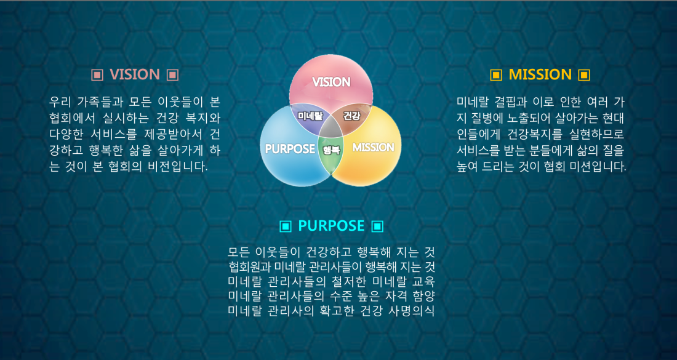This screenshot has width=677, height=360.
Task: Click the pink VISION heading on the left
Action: click(135, 74)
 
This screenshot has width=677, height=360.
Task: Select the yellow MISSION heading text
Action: click(540, 74)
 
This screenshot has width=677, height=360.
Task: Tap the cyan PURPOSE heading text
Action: click(331, 225)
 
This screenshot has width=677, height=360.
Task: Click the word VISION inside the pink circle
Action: click(331, 82)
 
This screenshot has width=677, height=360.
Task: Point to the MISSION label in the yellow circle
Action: click(374, 148)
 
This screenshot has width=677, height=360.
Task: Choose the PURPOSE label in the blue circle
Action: click(290, 149)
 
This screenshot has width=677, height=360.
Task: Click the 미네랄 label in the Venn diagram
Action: click(310, 116)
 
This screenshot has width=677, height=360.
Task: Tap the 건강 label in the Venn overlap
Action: click(352, 116)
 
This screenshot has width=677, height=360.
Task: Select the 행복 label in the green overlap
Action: click(331, 150)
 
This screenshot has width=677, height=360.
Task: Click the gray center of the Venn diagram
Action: click(331, 128)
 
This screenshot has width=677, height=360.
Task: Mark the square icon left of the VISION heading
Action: click(98, 75)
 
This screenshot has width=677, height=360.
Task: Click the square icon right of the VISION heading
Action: click(172, 75)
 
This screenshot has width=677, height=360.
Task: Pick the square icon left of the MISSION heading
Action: click(497, 75)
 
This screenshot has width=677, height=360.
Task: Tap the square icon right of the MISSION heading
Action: click(584, 75)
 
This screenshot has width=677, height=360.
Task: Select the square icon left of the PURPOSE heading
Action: click(286, 226)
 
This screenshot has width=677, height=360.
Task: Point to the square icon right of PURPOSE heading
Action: click(377, 226)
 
